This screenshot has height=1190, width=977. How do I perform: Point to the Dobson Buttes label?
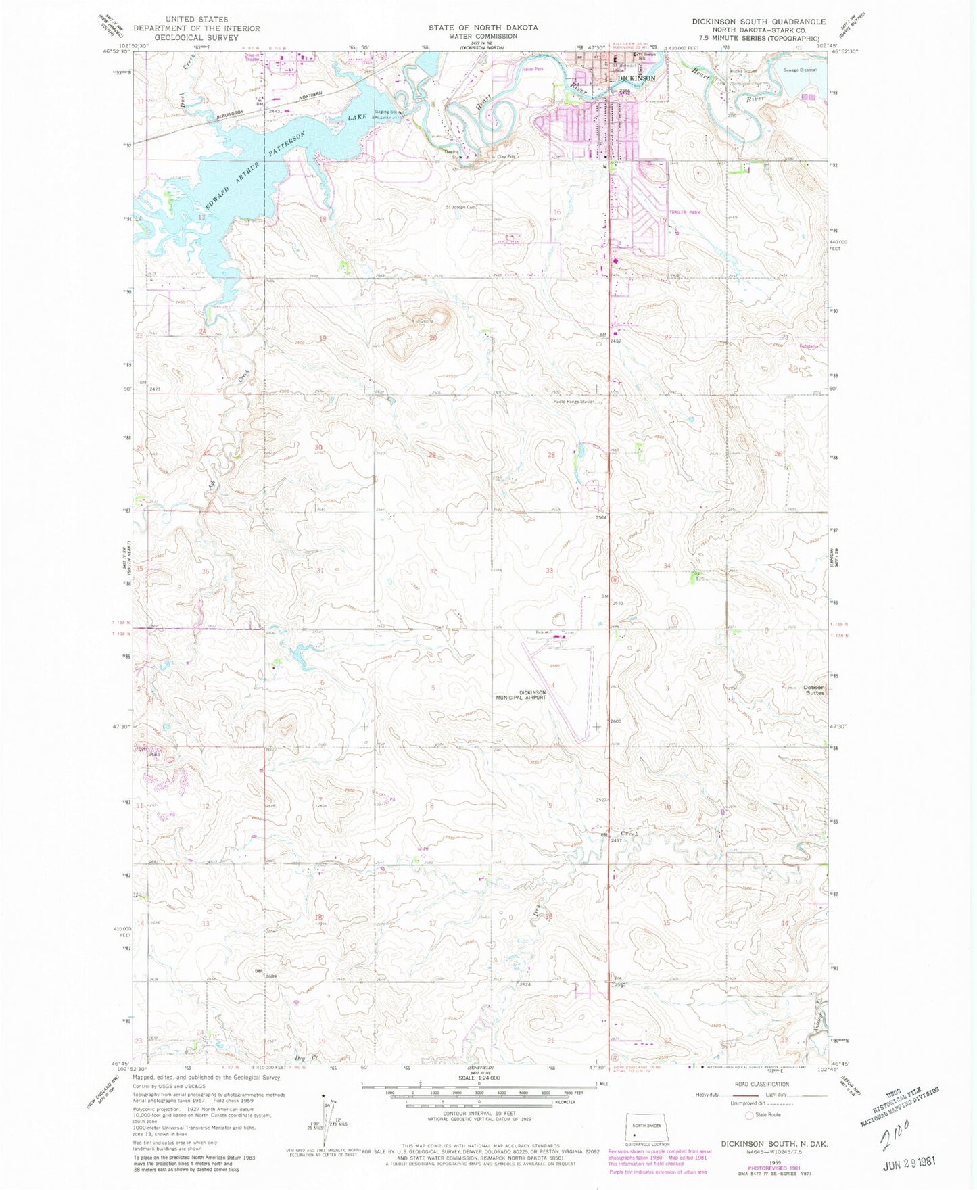coord(814,690)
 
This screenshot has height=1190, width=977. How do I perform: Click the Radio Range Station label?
coord(574,402)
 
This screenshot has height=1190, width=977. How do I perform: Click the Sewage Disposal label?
coord(800,70)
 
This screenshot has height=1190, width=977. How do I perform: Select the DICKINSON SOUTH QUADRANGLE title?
coord(758,22)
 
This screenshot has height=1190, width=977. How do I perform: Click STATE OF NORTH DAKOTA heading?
coord(483,28)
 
